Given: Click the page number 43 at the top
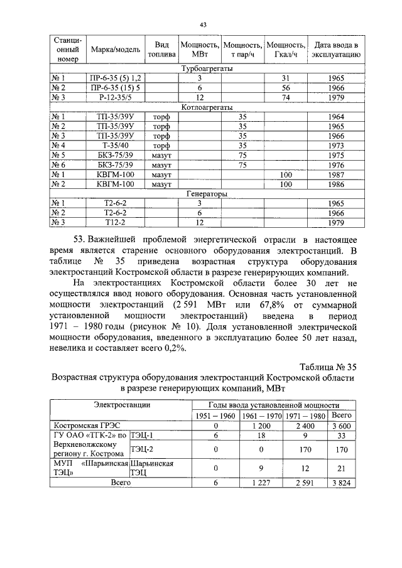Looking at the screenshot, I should pos(203,24).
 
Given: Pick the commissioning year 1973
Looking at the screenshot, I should pos(336,146).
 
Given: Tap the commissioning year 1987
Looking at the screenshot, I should pos(336,174).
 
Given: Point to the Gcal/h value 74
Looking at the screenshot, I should pos(285,97).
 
